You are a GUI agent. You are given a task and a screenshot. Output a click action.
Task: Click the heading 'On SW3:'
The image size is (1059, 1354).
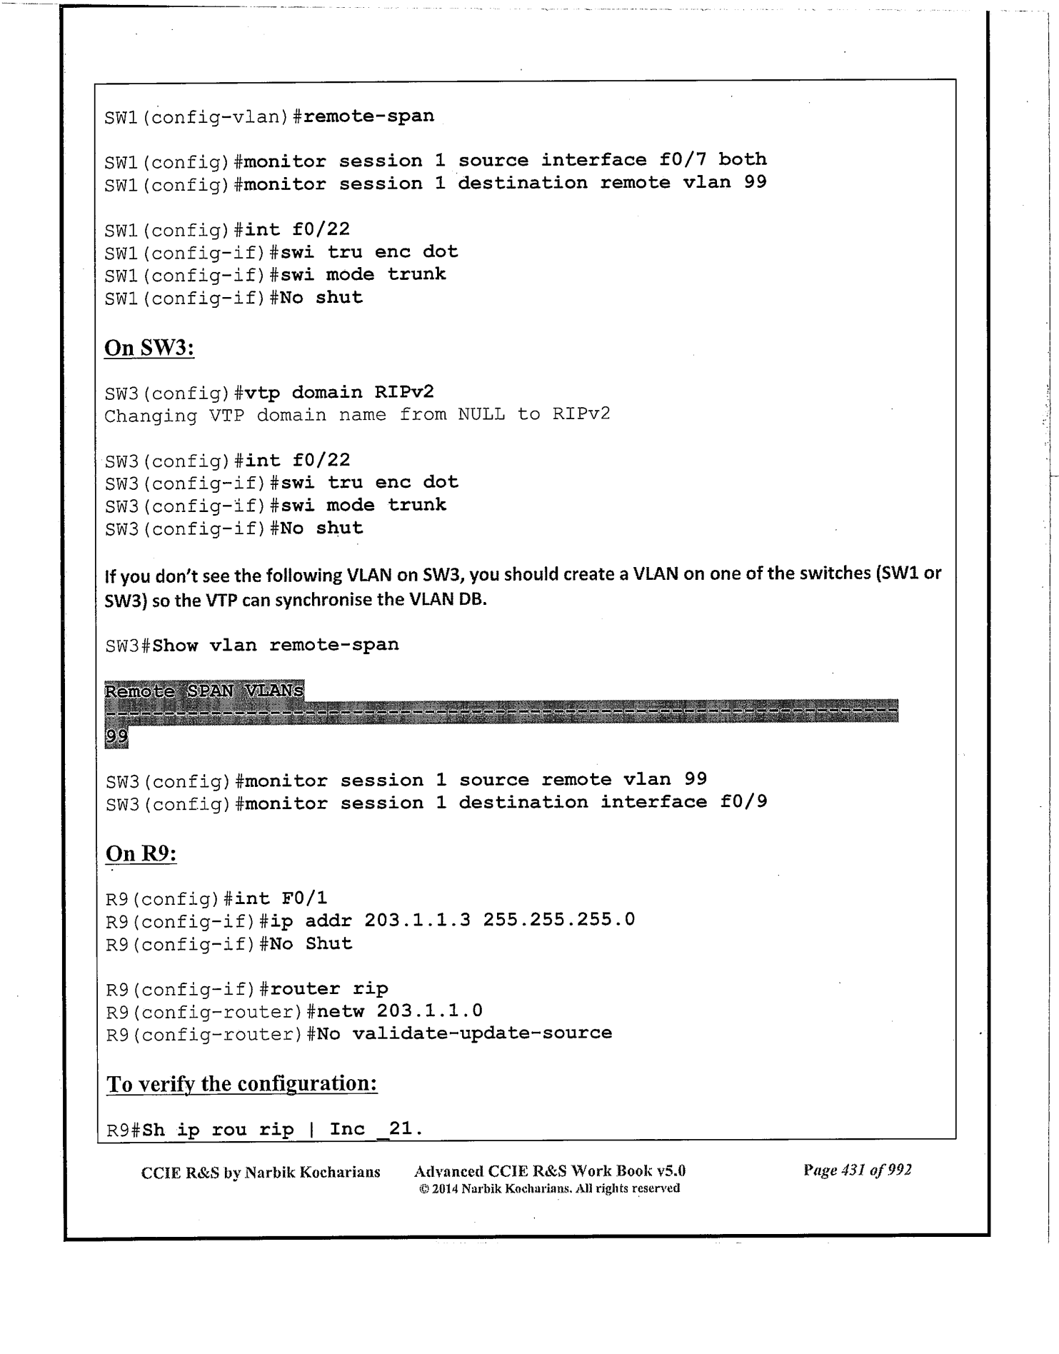pyautogui.click(x=149, y=348)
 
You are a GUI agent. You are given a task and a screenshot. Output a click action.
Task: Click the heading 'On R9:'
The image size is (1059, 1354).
pyautogui.click(x=141, y=853)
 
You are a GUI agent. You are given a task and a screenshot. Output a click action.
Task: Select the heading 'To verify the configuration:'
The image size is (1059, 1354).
pyautogui.click(x=241, y=1083)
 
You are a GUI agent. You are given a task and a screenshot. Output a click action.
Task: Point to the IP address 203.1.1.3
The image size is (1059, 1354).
pyautogui.click(x=417, y=919)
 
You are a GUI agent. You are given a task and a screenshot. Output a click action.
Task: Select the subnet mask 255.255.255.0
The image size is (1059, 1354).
pyautogui.click(x=558, y=919)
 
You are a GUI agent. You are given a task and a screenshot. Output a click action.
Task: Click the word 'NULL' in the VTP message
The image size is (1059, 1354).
pyautogui.click(x=481, y=415)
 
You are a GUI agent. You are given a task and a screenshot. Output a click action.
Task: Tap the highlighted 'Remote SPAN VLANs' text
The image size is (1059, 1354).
pyautogui.click(x=204, y=691)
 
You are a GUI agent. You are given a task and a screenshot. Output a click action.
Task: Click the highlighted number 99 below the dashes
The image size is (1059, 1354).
pyautogui.click(x=116, y=737)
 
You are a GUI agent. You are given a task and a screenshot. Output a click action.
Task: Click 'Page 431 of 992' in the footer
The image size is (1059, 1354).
pyautogui.click(x=857, y=1170)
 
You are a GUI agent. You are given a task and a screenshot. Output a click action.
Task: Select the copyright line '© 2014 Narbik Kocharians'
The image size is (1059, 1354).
pyautogui.click(x=548, y=1188)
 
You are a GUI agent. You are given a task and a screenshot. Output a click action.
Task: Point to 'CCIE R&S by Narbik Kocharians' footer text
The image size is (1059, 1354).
pyautogui.click(x=261, y=1172)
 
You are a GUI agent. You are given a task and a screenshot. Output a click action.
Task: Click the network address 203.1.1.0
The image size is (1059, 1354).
pyautogui.click(x=429, y=1011)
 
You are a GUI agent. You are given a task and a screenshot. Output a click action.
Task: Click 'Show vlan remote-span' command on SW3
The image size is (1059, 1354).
pyautogui.click(x=276, y=645)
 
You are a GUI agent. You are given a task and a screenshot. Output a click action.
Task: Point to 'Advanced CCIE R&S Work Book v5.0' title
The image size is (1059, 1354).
pyautogui.click(x=549, y=1170)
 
